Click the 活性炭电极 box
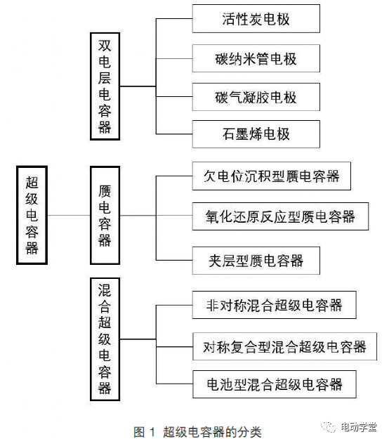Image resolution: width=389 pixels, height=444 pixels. pos(256,18)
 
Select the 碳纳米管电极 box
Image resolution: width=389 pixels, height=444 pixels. pos(256,58)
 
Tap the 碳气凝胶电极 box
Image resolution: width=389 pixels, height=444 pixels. pos(256,97)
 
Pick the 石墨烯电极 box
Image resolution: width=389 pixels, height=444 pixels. pos(256,134)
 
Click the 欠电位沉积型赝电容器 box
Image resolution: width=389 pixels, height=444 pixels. pos(271,176)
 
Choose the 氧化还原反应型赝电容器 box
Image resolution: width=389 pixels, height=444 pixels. pos(280,216)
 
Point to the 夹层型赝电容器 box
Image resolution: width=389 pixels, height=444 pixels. pos(256,260)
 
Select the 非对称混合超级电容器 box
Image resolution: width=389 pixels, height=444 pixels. pos(274,305)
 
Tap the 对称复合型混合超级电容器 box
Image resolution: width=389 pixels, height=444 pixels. pos(284,346)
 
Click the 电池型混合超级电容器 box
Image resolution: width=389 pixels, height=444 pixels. pos(274,384)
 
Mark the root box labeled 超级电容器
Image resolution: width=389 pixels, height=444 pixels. pos(32,215)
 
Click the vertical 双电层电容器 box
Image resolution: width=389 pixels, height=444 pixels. pos(105,86)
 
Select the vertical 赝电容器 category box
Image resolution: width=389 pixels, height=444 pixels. pos(105,215)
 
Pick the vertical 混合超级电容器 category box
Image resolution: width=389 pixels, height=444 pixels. pos(105,339)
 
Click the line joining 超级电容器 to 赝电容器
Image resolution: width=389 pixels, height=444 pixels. pos(69,216)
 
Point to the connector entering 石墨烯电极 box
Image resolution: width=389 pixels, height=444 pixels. pos(174,134)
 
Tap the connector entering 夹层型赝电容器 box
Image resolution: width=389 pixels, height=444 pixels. pos(174,260)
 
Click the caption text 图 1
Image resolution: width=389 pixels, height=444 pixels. pos(144,432)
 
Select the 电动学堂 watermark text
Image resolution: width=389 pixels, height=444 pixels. pos(359,427)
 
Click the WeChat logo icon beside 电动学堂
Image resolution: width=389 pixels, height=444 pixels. pos(329,427)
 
